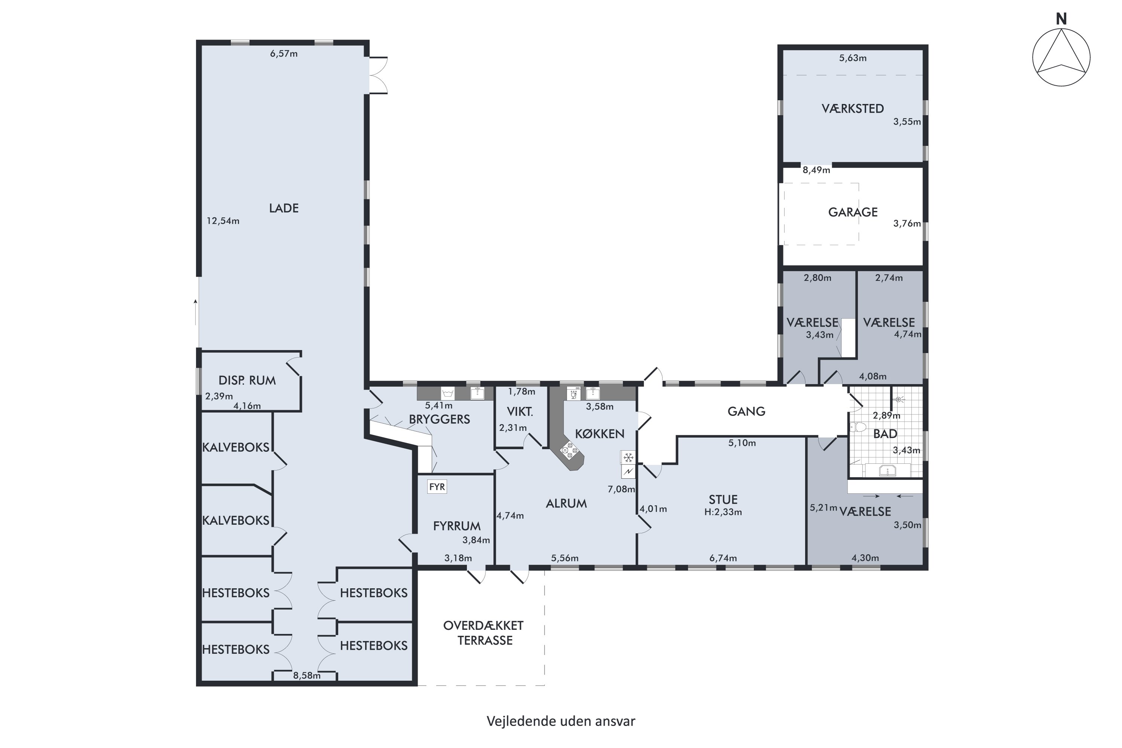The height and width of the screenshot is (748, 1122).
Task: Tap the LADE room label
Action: point(284,208)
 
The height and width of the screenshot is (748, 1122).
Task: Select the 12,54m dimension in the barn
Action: point(223,221)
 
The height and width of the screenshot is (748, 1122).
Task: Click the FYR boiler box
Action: point(437,487)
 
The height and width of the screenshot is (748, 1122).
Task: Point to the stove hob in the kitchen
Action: point(569,450)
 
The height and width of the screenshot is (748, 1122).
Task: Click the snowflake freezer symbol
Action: point(628,458)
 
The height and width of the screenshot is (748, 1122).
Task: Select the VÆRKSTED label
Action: point(852,109)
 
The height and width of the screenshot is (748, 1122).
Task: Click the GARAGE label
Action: point(852,212)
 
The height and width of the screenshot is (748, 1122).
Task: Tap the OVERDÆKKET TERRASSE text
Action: point(484,633)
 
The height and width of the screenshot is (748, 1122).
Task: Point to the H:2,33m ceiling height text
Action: point(723,512)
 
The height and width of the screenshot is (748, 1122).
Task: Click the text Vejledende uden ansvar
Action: point(561,721)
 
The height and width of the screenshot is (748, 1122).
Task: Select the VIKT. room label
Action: point(520,412)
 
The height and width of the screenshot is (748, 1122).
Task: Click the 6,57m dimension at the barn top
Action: point(284,54)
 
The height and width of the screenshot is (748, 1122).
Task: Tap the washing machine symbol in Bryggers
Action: point(447,393)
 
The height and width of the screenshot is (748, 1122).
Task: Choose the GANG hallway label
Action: point(747,411)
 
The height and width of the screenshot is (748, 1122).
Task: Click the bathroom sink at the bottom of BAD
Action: point(887,471)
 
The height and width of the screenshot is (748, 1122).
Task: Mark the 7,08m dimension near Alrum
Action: point(621,489)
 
